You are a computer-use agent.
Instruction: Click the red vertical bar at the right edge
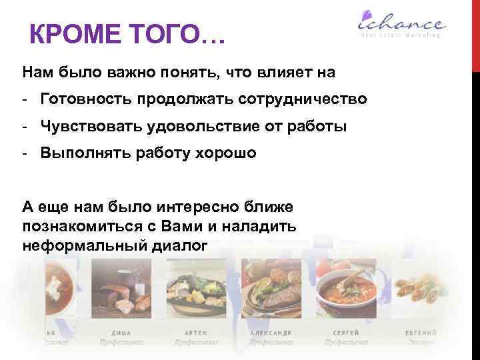pyautogui.click(x=475, y=33)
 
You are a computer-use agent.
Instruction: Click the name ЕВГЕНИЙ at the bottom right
pyautogui.click(x=421, y=332)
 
